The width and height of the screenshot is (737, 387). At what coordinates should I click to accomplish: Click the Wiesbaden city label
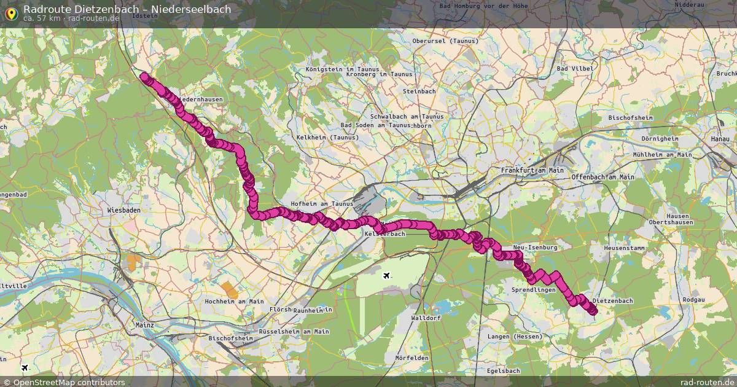[x=123, y=210]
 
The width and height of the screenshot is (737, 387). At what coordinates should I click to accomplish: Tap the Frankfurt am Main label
[x=532, y=170]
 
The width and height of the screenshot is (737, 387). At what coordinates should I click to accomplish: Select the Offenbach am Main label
[x=602, y=177]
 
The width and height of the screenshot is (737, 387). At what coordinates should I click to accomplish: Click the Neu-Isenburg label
[x=534, y=247]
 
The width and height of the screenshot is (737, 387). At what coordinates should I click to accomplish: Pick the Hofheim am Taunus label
[x=322, y=204]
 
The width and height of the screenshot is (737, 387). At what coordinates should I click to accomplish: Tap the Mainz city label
[x=145, y=323]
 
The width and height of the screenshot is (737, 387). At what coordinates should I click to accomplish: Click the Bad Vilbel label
[x=575, y=69]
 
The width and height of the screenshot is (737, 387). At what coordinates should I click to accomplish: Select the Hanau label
[x=719, y=139]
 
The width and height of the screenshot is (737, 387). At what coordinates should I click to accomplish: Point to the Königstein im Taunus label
[x=338, y=69]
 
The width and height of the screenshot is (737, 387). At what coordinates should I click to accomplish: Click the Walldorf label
[x=426, y=318]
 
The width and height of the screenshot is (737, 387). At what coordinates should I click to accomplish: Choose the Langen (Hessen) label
[x=515, y=337]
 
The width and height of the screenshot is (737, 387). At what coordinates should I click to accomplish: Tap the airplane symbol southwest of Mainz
[x=25, y=368]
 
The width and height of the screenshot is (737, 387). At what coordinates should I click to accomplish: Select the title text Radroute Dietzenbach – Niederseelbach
[x=127, y=9]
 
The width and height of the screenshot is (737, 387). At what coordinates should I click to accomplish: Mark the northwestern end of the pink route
[x=144, y=77]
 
